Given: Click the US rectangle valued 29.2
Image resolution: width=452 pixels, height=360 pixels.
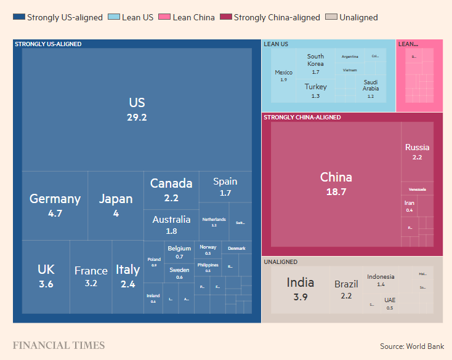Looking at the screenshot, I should (137, 109).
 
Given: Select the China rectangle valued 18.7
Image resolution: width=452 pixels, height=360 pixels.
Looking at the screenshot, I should (336, 183).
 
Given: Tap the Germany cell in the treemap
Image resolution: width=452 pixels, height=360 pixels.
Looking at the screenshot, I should (55, 205).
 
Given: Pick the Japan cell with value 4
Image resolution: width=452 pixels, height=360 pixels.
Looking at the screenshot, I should (116, 205).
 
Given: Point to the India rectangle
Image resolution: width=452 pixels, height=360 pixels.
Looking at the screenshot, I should (300, 289).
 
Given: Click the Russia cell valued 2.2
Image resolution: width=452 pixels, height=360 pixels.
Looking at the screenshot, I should (417, 151).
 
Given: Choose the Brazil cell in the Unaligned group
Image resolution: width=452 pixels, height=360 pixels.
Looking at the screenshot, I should (346, 289).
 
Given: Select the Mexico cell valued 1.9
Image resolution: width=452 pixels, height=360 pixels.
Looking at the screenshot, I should (283, 76).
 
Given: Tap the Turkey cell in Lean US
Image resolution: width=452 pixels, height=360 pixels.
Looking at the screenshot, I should (315, 90).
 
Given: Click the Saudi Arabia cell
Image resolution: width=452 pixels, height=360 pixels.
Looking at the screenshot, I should (370, 89).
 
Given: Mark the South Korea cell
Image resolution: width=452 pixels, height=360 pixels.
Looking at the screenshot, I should (315, 63).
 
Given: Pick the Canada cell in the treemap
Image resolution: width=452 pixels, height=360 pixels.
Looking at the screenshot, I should (171, 188).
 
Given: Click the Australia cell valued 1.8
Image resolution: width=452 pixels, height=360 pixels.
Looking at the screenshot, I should (171, 225).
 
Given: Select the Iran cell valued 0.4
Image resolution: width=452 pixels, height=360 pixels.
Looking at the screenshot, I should (410, 206).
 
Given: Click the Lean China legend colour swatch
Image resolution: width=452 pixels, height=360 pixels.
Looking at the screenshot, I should (163, 17).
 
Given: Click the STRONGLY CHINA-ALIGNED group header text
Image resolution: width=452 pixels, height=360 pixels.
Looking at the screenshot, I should (302, 118).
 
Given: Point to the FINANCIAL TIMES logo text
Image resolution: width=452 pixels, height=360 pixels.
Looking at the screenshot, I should (59, 345).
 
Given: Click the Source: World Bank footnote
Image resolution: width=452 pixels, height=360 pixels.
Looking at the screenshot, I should (411, 346).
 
